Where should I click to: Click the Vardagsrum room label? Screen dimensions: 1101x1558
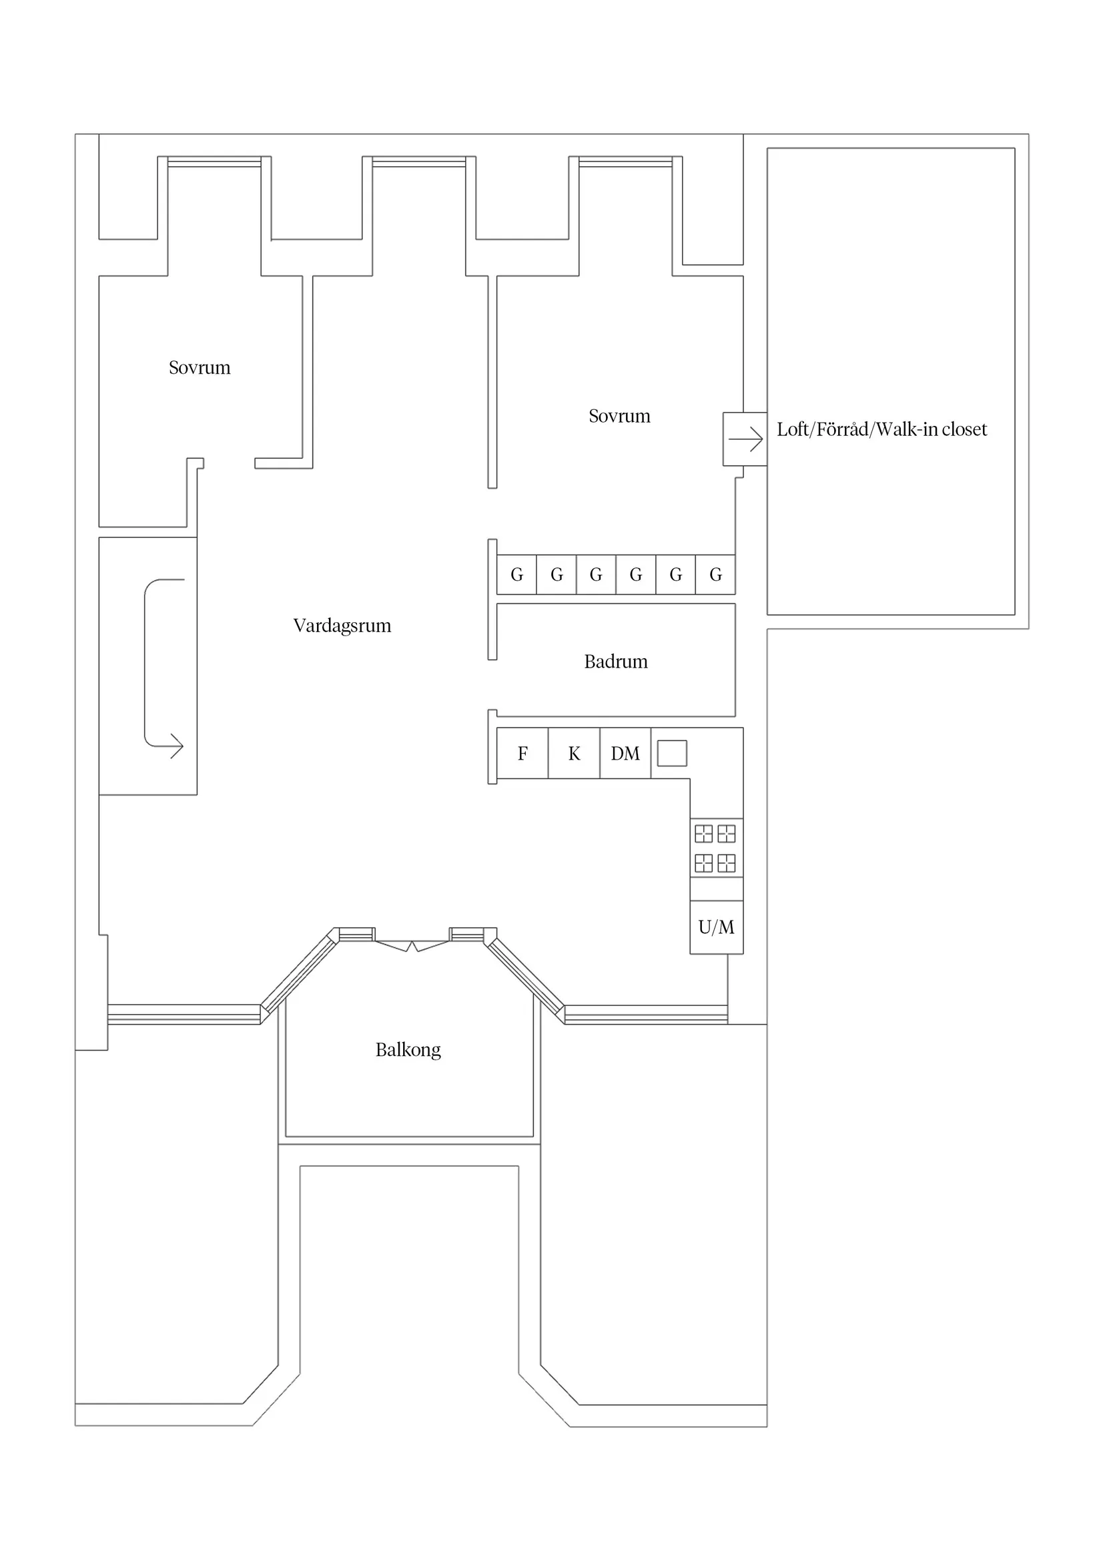tap(342, 625)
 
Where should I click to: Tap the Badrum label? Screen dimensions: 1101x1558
tap(615, 662)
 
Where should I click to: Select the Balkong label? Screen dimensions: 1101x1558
tap(408, 1050)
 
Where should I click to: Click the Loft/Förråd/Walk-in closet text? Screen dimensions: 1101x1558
tap(881, 429)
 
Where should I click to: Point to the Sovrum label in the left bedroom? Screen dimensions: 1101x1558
tap(200, 368)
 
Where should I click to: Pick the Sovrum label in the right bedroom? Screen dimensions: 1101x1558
tap(619, 416)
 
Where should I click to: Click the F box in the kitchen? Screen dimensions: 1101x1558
tap(522, 753)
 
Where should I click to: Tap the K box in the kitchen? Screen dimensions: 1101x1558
tap(574, 753)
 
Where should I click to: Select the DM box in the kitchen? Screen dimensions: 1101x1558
tap(625, 753)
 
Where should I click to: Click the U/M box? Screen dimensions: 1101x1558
tap(717, 927)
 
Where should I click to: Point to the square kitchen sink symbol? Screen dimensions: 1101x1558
tap(672, 753)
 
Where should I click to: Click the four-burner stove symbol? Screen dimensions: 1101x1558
tap(715, 848)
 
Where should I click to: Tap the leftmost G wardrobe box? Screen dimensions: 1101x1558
tap(516, 575)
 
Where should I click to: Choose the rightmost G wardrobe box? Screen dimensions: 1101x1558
tap(715, 575)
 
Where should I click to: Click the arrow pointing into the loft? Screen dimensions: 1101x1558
tap(745, 439)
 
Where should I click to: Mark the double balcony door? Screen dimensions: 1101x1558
tap(412, 945)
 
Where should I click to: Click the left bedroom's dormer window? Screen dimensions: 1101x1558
tap(214, 162)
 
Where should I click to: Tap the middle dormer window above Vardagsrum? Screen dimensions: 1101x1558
tap(419, 162)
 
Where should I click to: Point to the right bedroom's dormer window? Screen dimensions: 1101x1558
tap(625, 162)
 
